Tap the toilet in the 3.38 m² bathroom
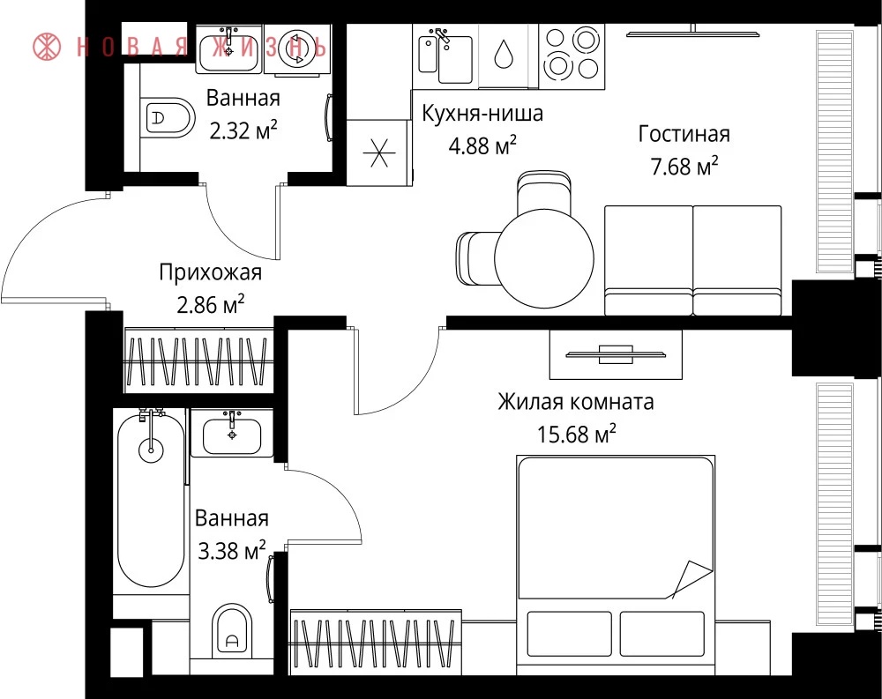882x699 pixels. pos(233,631)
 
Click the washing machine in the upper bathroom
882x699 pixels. pos(296,49)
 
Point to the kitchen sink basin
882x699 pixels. pos(454,59)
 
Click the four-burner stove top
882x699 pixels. pos(572,56)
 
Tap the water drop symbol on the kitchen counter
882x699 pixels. pos(504,55)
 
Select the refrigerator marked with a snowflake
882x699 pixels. pos(378,152)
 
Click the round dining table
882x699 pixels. pos(544,258)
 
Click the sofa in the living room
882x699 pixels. pos(693,260)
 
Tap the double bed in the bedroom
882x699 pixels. pos(616,557)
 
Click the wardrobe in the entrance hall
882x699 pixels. pos(198,360)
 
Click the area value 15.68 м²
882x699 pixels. pos(577,435)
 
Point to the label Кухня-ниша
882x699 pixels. pos(482,113)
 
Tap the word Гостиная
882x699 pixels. pos(684,134)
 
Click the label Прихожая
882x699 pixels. pos(211,272)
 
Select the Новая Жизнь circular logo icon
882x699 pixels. pos(47,47)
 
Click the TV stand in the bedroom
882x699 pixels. pos(616,354)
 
